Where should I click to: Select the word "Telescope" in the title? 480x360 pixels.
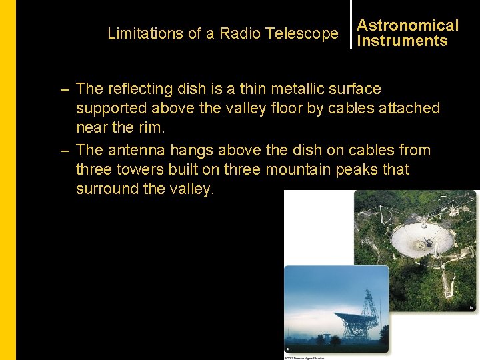point(301,33)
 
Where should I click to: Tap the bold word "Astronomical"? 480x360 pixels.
point(407,25)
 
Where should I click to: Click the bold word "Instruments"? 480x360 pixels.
point(402,41)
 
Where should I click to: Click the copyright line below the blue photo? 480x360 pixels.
point(304,358)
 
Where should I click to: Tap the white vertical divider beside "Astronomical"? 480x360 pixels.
point(351,24)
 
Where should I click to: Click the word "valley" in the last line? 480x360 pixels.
point(191,189)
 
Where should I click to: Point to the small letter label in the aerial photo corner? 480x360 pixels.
point(471,307)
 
